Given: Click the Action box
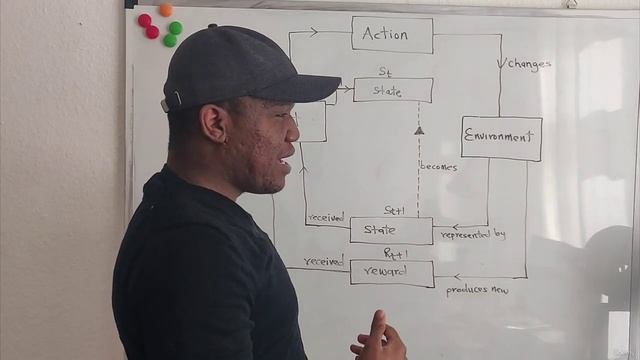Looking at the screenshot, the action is (392, 34).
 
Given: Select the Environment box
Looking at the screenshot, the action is (501, 138).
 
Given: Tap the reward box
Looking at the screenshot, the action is (391, 272).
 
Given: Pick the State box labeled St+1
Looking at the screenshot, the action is (391, 230).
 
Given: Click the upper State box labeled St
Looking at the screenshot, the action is (392, 91).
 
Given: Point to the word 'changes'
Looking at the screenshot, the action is (529, 64).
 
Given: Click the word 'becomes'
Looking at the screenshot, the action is (438, 167).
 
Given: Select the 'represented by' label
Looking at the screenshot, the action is (473, 235).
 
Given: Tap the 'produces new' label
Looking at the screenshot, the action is (477, 291).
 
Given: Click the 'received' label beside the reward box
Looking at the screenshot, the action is (323, 260).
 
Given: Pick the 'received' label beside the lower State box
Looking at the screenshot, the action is (326, 216).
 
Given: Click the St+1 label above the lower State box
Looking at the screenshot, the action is (394, 211).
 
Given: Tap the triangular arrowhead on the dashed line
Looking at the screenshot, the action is (419, 130).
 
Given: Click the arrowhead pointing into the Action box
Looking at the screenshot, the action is (313, 32).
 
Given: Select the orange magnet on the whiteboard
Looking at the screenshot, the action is (166, 10).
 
